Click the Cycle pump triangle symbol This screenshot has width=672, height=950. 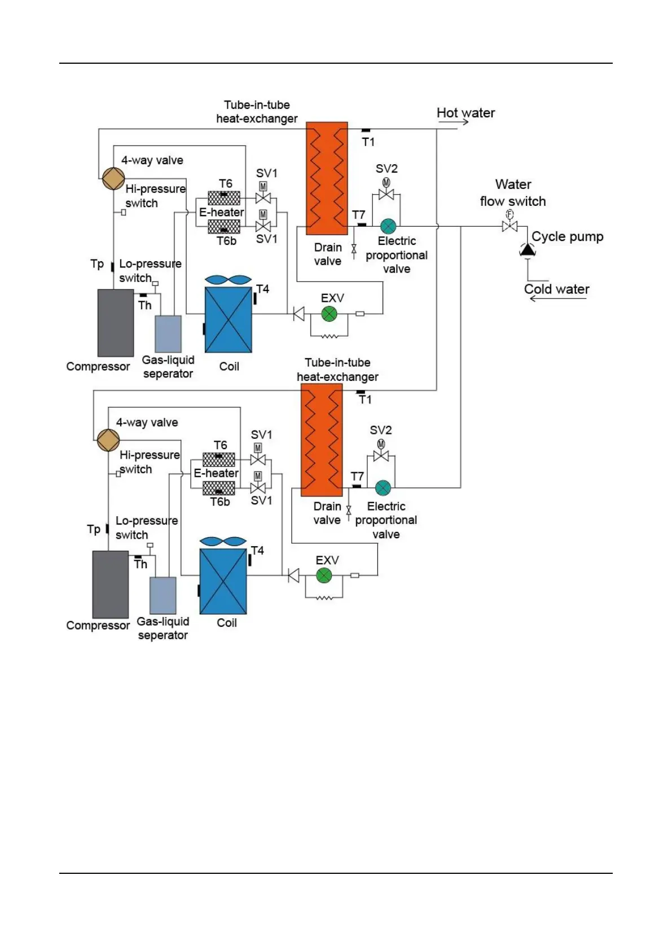click(527, 249)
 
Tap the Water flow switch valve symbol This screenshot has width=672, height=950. click(510, 226)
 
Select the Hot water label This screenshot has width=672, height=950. click(465, 113)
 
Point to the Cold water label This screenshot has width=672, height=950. click(556, 289)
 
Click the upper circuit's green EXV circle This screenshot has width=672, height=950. click(330, 314)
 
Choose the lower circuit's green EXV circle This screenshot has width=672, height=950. click(324, 575)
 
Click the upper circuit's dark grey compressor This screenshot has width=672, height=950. click(116, 323)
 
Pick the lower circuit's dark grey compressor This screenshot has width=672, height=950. click(111, 584)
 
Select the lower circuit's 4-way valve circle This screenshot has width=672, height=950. click(108, 440)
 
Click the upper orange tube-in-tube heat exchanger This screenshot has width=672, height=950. click(327, 178)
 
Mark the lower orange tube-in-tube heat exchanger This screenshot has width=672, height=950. click(322, 440)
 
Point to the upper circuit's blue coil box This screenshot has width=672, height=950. click(228, 320)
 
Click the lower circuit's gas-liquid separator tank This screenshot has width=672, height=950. click(163, 595)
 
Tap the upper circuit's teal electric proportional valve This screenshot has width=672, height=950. click(388, 226)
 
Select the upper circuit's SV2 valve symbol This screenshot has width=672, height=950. click(386, 194)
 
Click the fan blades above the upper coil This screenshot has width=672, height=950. click(228, 280)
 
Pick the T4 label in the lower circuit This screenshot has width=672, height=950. click(257, 551)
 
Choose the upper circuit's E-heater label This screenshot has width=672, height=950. click(221, 213)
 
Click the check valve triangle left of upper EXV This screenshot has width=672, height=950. click(298, 314)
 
